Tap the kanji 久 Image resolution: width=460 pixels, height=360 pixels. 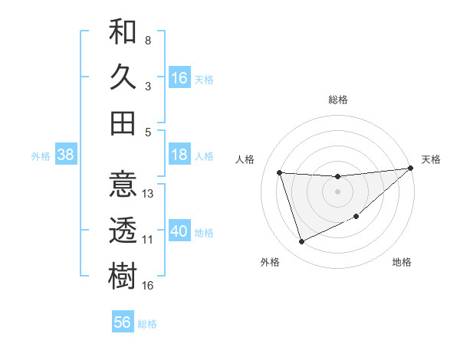pyautogui.click(x=123, y=77)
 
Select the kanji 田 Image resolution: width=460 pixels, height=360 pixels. pyautogui.click(x=123, y=123)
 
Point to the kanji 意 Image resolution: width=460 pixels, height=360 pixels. pyautogui.click(x=123, y=185)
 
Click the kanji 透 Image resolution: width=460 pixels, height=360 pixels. pyautogui.click(x=123, y=231)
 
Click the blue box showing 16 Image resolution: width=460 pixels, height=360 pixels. pyautogui.click(x=179, y=77)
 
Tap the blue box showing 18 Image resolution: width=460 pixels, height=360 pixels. pyautogui.click(x=179, y=155)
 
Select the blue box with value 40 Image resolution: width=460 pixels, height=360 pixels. pyautogui.click(x=179, y=231)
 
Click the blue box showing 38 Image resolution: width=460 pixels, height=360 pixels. pyautogui.click(x=65, y=155)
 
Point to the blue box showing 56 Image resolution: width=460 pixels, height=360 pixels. pyautogui.click(x=123, y=322)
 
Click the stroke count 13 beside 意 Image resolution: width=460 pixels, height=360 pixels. pyautogui.click(x=149, y=194)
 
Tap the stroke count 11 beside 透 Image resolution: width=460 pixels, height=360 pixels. pyautogui.click(x=148, y=240)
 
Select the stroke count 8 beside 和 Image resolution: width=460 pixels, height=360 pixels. pyautogui.click(x=148, y=40)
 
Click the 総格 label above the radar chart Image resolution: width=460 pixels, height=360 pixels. pyautogui.click(x=337, y=100)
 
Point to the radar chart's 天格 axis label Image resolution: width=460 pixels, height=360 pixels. pyautogui.click(x=431, y=159)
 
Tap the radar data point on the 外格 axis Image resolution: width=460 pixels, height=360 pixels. pyautogui.click(x=301, y=242)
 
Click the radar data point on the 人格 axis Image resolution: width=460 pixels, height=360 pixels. pyautogui.click(x=280, y=172)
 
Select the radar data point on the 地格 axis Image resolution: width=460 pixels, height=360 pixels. pyautogui.click(x=357, y=217)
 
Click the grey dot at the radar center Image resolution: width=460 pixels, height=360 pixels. pyautogui.click(x=337, y=191)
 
